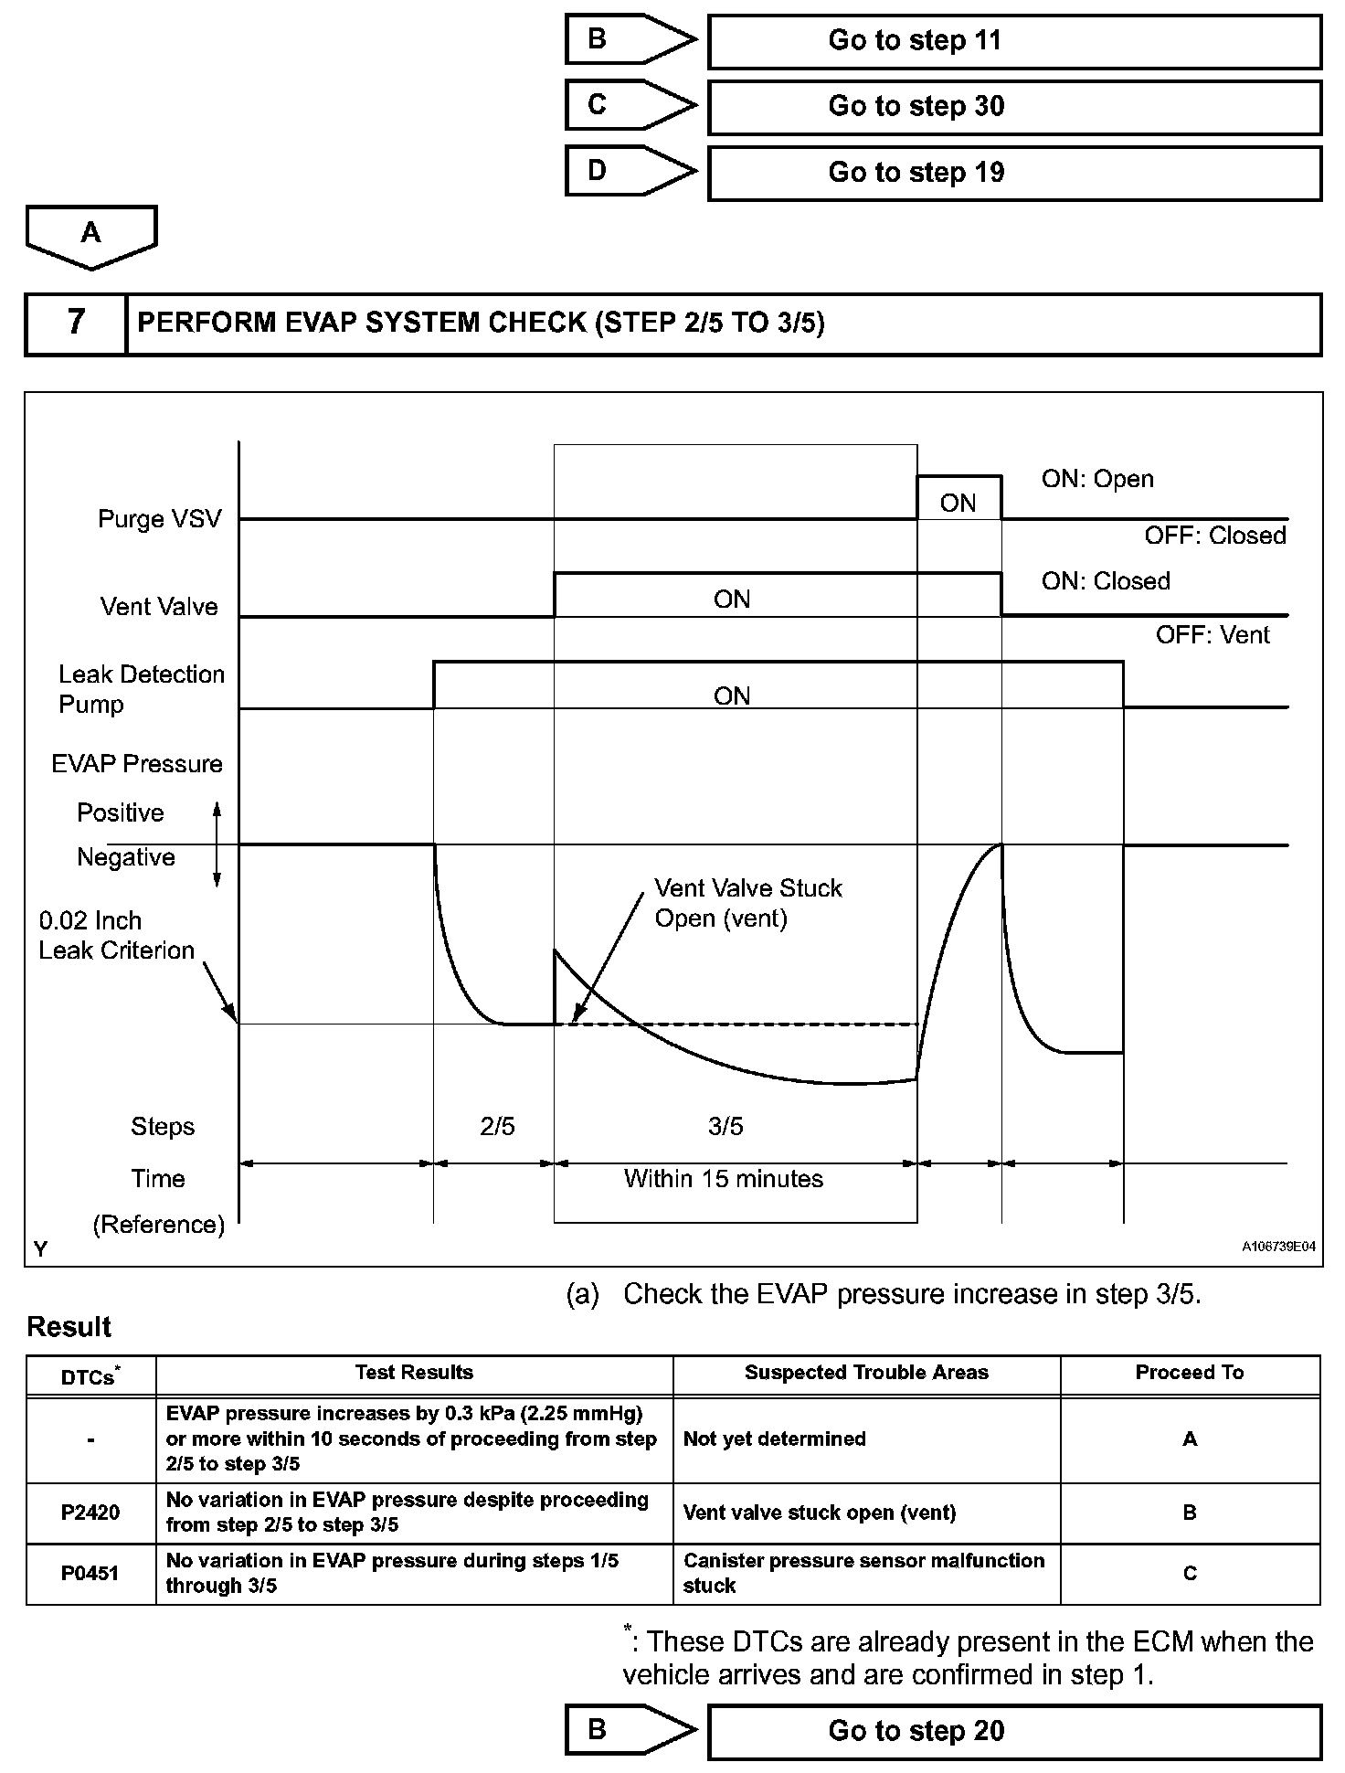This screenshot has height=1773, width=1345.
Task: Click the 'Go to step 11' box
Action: [x=1014, y=41]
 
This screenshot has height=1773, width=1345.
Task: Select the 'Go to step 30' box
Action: [x=1014, y=107]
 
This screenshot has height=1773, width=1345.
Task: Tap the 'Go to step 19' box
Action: [x=1014, y=173]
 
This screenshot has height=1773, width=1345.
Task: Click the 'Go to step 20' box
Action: [x=1014, y=1731]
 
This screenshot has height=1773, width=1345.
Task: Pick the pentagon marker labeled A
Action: [x=91, y=235]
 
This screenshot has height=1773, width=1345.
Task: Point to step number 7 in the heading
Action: [x=76, y=323]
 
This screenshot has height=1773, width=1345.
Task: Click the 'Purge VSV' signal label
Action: [x=160, y=519]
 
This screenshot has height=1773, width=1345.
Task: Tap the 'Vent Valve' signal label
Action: [x=159, y=607]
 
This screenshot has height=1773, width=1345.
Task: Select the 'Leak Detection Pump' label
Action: [x=141, y=689]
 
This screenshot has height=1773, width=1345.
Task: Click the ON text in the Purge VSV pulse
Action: [x=958, y=503]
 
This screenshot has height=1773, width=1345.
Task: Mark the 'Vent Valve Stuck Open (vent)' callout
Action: [x=747, y=903]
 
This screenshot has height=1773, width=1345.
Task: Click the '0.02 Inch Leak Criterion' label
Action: [x=116, y=935]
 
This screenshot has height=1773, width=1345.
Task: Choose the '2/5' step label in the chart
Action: [x=497, y=1126]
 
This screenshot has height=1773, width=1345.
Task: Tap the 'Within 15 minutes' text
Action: [x=723, y=1179]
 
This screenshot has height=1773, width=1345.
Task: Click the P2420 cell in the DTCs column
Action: [x=90, y=1513]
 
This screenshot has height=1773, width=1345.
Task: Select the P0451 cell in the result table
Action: [x=90, y=1574]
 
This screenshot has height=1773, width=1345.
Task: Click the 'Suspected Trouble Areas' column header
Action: [x=866, y=1373]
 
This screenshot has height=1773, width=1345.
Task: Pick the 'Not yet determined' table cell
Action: [x=774, y=1439]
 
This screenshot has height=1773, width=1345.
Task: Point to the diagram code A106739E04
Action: [x=1278, y=1247]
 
